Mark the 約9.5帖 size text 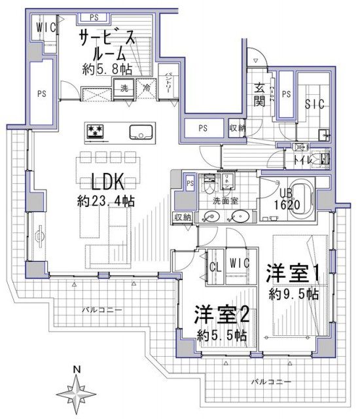[294, 295]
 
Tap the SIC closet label [314, 105]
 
